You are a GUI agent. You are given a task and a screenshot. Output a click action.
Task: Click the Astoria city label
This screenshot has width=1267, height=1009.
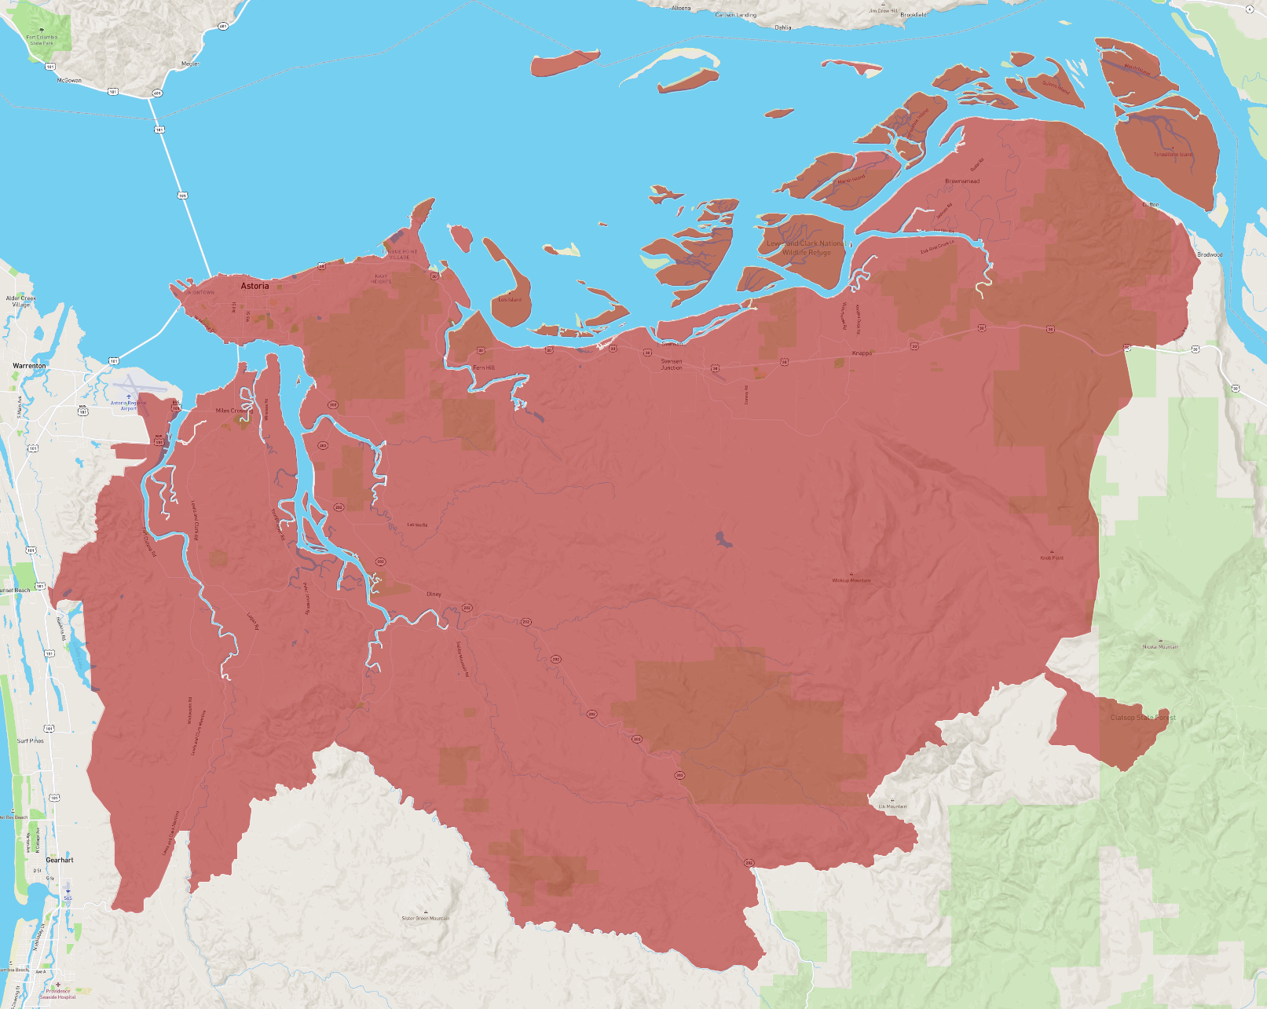tap(254, 286)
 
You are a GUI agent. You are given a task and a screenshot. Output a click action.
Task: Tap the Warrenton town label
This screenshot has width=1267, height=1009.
tap(29, 366)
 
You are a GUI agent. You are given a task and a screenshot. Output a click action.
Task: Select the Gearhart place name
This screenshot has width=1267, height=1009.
tap(60, 860)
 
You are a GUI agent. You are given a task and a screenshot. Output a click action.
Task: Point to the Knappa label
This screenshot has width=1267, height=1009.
tap(862, 353)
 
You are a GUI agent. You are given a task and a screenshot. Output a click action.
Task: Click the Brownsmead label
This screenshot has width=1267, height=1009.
tap(962, 181)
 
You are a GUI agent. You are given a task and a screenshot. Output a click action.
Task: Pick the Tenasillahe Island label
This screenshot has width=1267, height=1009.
tap(1172, 154)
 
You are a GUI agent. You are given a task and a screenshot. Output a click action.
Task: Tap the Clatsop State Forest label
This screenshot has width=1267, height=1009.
tap(1143, 718)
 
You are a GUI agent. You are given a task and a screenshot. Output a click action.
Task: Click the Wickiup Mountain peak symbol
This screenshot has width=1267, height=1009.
tap(851, 574)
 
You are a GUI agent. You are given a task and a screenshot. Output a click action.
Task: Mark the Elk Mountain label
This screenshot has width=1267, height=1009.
tap(892, 806)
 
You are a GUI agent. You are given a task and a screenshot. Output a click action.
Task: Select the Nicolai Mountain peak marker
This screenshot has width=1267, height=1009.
tap(1160, 641)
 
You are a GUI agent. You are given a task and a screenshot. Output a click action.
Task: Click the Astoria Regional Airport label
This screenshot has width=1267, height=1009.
tap(128, 405)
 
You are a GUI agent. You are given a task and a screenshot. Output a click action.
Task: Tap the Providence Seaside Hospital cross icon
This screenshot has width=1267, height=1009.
tap(57, 984)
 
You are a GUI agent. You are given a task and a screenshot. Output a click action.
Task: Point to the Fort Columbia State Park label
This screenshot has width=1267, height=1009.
tap(42, 39)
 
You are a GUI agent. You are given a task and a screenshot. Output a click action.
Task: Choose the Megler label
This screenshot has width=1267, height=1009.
tap(191, 64)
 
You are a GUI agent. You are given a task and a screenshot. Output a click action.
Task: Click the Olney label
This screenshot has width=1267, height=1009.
tap(434, 594)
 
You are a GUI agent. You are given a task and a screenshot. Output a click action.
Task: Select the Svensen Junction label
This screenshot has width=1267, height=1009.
tap(672, 364)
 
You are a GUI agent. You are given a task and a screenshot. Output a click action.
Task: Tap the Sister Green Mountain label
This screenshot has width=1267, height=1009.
tap(426, 918)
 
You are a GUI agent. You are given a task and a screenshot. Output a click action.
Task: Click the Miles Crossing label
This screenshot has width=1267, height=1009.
tap(234, 411)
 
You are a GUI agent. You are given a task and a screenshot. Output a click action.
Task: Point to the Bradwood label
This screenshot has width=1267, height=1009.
tap(1210, 254)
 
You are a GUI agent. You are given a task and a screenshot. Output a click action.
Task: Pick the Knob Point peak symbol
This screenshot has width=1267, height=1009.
tap(1052, 551)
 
